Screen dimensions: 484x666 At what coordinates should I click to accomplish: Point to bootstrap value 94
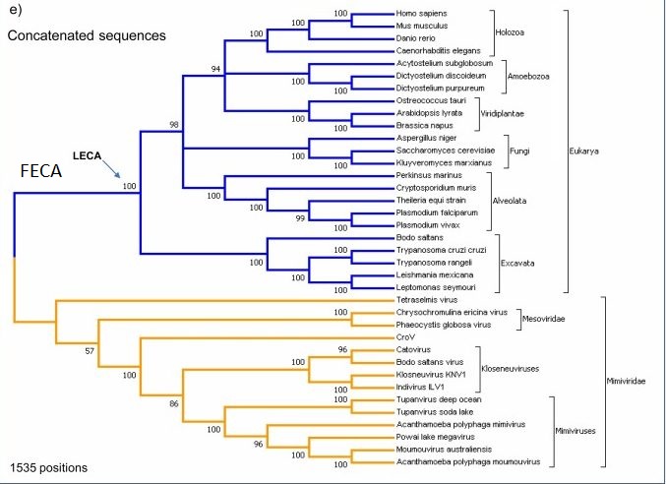pyautogui.click(x=217, y=67)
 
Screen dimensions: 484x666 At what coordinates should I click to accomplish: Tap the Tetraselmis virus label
pyautogui.click(x=411, y=299)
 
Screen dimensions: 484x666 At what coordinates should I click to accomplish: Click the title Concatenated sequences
pyautogui.click(x=86, y=35)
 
